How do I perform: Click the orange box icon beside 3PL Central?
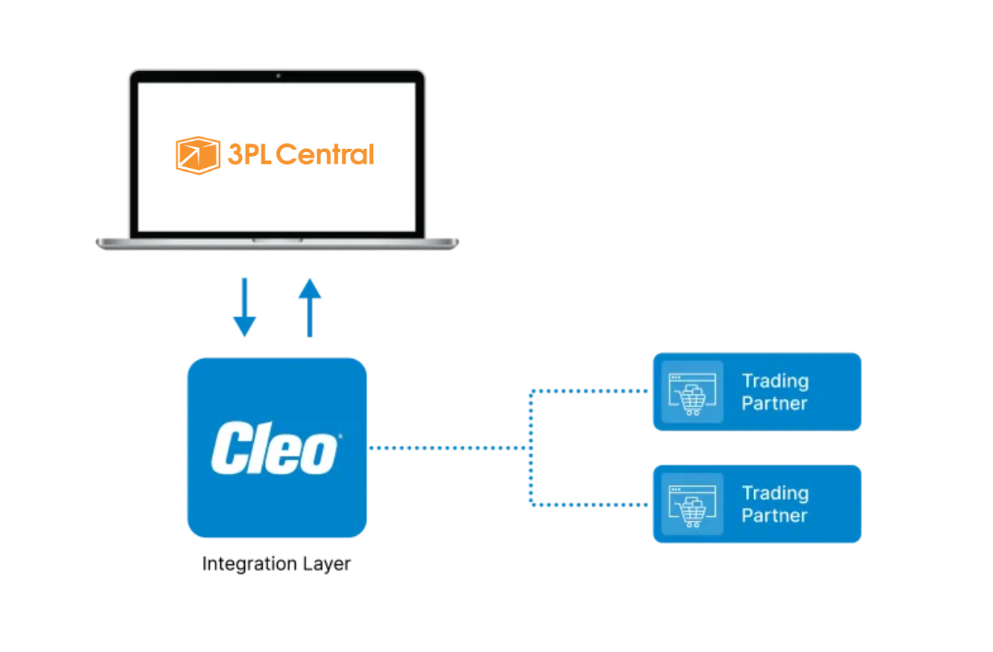point(198,155)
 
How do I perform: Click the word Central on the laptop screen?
point(324,155)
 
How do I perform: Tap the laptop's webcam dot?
point(278,76)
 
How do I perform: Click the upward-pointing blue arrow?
point(309,307)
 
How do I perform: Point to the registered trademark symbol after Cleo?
point(341,436)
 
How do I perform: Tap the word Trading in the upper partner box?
point(775,381)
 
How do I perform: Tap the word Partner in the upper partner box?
point(774,403)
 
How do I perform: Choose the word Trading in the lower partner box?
point(775,493)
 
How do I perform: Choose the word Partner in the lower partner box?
point(774,516)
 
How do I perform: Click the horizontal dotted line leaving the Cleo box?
point(449,447)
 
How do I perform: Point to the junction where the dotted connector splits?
point(531,447)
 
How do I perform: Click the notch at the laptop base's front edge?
point(277,241)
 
